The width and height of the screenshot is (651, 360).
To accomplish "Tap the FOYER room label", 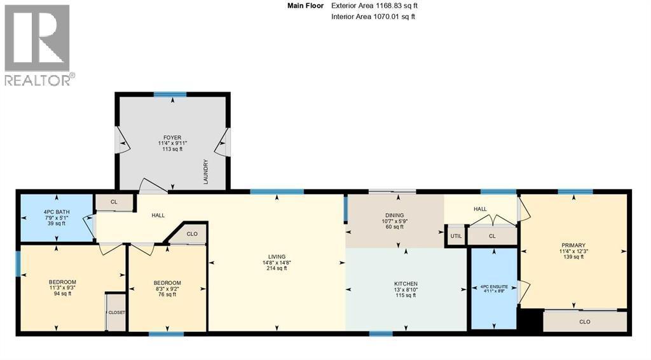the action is (172, 137).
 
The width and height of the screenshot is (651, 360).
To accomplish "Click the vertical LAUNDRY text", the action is (205, 172).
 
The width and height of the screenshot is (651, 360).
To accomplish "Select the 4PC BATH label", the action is (57, 212).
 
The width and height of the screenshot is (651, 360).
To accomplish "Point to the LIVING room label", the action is (277, 257).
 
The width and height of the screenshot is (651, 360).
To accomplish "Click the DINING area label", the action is (394, 215).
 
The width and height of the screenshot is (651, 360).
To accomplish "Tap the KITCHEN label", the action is (406, 284).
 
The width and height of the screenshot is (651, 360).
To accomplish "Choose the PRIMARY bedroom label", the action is (573, 246).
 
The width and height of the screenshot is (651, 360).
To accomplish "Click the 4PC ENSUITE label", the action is (493, 286).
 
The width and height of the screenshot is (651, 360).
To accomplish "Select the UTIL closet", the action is (456, 236).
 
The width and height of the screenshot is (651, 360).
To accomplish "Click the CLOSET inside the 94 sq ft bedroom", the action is (116, 312).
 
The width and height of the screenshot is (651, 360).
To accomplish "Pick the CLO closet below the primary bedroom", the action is (585, 321).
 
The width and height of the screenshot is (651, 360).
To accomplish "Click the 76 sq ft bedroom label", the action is (167, 283).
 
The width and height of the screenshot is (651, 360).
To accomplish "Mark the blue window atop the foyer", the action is (170, 94).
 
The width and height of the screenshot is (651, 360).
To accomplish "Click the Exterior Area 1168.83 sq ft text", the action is (374, 6).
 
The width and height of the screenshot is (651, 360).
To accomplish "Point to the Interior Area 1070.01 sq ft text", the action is (373, 17).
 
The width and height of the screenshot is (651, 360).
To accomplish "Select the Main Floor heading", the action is (305, 6).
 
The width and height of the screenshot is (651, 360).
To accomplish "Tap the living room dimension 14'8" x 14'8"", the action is (277, 263).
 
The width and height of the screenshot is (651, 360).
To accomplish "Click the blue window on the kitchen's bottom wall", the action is (381, 333).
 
